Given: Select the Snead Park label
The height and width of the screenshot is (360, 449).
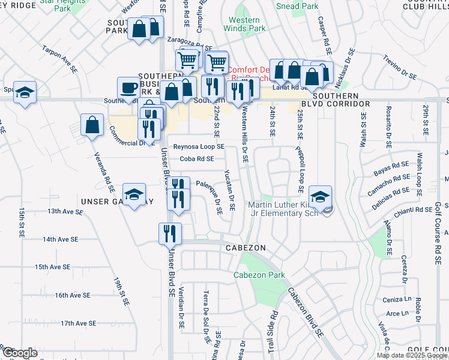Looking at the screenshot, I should (296, 6).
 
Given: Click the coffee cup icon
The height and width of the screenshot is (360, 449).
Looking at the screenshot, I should (128, 87).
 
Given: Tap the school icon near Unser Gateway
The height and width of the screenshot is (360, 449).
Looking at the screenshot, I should (134, 194).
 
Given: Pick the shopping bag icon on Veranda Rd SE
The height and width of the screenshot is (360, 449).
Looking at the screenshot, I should (92, 125).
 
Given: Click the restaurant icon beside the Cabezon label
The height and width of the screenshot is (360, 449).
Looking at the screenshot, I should (170, 233).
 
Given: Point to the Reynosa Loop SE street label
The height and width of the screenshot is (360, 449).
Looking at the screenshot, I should (199, 146).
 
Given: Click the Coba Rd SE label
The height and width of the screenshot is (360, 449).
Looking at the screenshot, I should (196, 159).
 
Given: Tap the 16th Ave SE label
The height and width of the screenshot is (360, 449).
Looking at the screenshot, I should (72, 295).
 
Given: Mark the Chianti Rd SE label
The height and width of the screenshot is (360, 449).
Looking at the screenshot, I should (414, 210).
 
